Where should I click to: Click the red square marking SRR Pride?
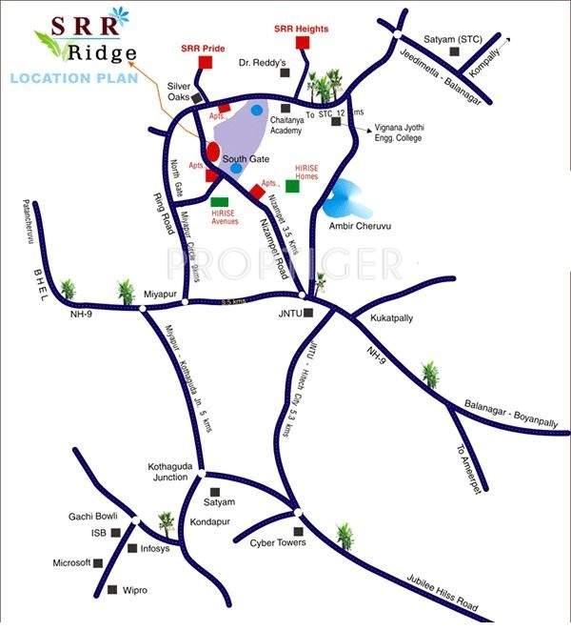click(x=205, y=62)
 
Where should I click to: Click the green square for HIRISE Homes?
click(x=292, y=185)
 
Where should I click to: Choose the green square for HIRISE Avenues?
click(x=219, y=201)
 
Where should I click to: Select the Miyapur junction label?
click(x=161, y=294)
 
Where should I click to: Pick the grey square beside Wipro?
click(x=113, y=590)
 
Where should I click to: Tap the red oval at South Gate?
click(x=213, y=152)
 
